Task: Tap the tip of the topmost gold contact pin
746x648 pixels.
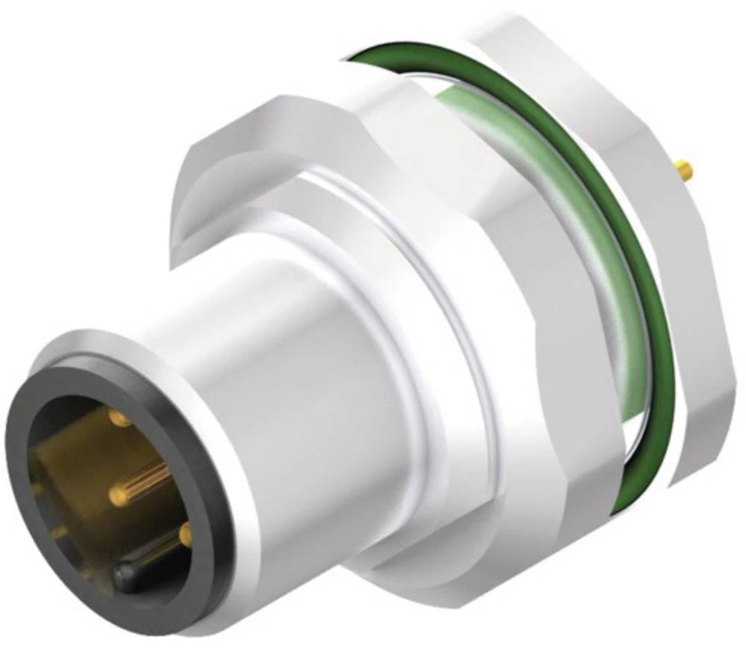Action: coord(119,418)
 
